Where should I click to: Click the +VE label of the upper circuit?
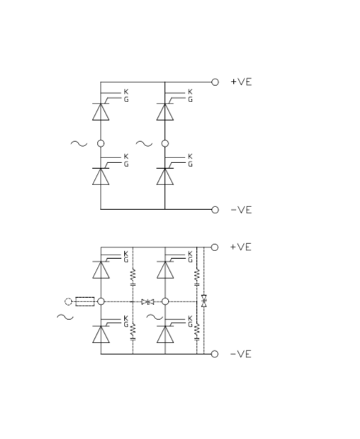click(241, 82)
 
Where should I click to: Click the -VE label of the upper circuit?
click(241, 210)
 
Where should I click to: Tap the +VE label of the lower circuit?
click(241, 247)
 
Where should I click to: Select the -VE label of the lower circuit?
click(241, 354)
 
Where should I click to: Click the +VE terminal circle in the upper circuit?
click(215, 82)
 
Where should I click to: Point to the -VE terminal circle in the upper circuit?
click(215, 210)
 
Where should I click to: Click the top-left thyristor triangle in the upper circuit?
click(101, 112)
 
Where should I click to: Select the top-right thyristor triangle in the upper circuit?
click(165, 112)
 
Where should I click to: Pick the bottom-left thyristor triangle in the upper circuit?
click(101, 176)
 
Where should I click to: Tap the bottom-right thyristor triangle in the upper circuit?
click(165, 176)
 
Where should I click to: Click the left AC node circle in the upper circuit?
click(101, 143)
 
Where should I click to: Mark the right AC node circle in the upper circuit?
click(165, 143)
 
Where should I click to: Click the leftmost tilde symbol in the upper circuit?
click(79, 143)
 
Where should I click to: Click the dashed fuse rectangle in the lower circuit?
click(84, 301)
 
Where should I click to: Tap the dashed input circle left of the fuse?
click(68, 301)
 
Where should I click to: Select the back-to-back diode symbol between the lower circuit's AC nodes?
click(147, 301)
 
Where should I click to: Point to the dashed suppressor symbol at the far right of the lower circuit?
click(204, 300)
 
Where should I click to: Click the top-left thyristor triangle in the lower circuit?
click(101, 270)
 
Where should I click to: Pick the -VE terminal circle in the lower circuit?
click(215, 354)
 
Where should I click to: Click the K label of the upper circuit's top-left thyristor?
click(126, 91)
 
